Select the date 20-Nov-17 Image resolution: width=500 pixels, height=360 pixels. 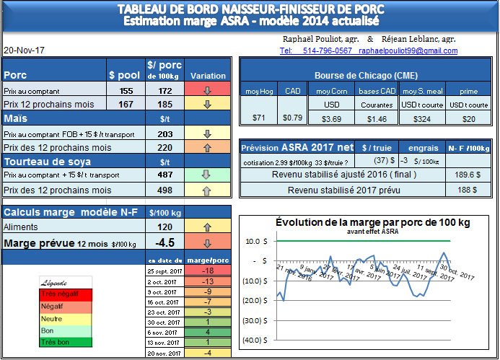coord(24,51)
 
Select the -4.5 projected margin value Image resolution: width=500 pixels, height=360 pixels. coord(165,242)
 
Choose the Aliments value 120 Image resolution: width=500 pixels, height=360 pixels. coord(164,227)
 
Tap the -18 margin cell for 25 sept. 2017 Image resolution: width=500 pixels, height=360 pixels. coord(206,270)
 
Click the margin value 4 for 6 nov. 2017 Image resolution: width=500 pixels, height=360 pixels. coord(206,332)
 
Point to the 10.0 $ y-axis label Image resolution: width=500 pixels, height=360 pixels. coord(256,242)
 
